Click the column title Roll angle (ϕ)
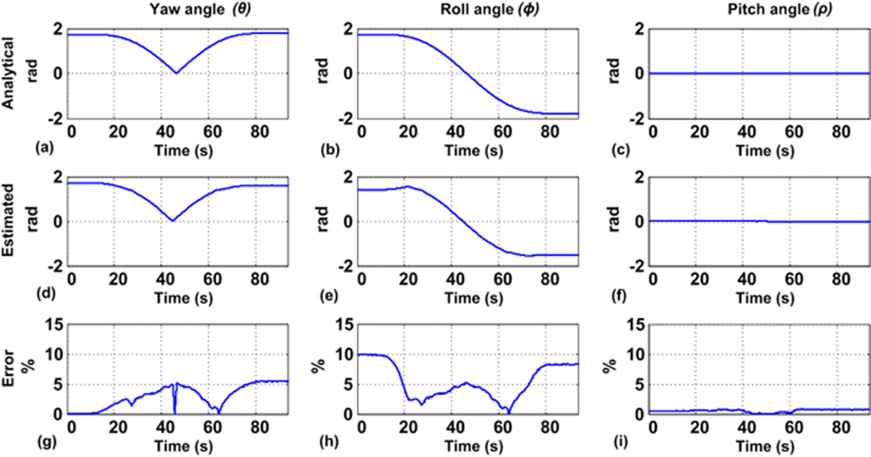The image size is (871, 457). [x=469, y=10]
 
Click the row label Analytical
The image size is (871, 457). [x=10, y=74]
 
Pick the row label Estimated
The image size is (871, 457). [x=10, y=222]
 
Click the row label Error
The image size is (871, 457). [x=10, y=369]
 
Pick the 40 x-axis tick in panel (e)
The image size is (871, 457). [x=455, y=279]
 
